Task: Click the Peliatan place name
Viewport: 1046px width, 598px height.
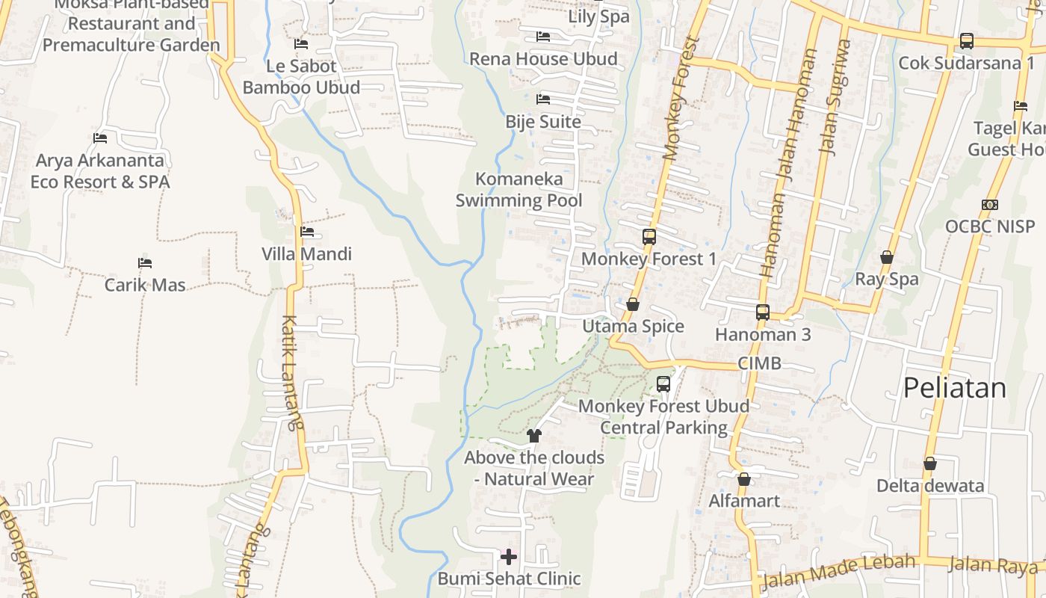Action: coord(954,388)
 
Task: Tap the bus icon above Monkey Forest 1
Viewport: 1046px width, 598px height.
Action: coord(649,237)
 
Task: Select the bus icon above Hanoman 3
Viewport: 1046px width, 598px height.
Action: coord(762,312)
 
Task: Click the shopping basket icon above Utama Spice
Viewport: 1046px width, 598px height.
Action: coord(633,304)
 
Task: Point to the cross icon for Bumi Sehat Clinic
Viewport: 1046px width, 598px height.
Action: coord(509,557)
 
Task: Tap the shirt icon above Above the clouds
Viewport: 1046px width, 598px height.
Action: coord(533,435)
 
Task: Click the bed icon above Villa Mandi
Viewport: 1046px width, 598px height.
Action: coord(306,232)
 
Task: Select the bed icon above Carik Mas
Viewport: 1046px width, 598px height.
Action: coord(145,263)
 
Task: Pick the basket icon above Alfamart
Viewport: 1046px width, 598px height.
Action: coord(743,479)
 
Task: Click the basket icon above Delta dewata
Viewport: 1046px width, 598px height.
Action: coord(929,464)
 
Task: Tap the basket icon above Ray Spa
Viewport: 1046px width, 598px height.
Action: coord(887,257)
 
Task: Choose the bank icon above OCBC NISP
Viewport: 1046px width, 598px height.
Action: coord(990,205)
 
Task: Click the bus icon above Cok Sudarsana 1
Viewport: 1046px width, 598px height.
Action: coord(966,41)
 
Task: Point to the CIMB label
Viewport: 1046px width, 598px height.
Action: coord(759,364)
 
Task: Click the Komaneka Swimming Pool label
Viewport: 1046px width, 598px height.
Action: coord(519,190)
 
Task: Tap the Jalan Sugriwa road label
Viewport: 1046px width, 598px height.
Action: coord(835,97)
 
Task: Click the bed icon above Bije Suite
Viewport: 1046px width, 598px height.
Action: coord(543,99)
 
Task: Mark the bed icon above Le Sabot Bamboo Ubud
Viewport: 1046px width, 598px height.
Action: coord(301,44)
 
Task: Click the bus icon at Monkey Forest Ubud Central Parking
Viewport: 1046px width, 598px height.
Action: coord(663,384)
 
